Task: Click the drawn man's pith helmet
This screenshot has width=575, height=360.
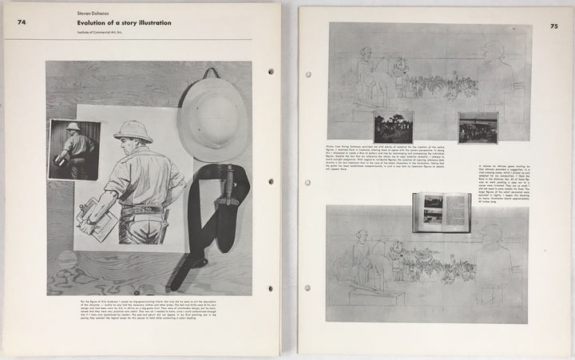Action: (133, 132)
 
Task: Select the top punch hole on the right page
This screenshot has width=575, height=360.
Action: (308, 74)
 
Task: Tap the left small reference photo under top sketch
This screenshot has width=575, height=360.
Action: (393, 128)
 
